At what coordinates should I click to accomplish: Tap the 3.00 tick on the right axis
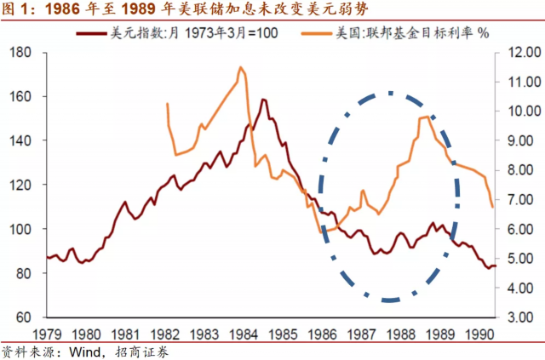click(x=516, y=317)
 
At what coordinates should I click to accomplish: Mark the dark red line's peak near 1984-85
click(x=264, y=100)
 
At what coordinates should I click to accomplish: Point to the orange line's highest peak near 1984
click(x=241, y=67)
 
